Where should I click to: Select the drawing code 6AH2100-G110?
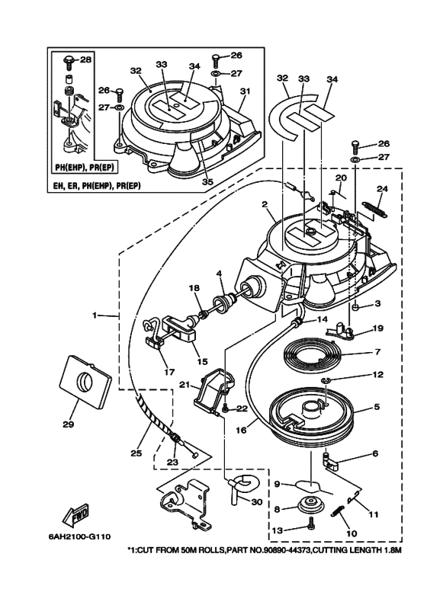tap(79, 536)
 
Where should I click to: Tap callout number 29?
tap(68, 424)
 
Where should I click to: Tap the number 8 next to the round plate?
tap(278, 509)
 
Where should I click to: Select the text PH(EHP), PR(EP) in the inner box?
tap(85, 167)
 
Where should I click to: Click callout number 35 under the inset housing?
tap(207, 182)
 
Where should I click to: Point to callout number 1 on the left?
tap(95, 315)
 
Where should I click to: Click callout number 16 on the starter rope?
tap(241, 431)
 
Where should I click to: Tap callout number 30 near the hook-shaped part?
tap(257, 502)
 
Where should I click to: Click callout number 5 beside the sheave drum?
tap(377, 407)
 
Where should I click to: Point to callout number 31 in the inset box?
tap(245, 91)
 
